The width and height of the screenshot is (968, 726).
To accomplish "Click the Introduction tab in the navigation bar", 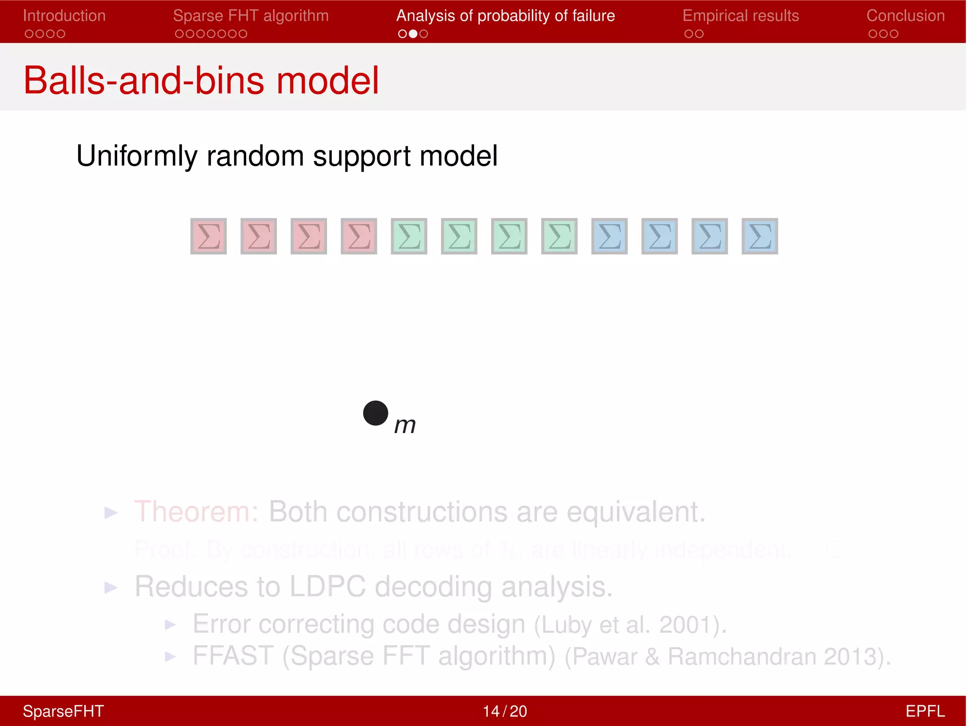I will coord(64,16).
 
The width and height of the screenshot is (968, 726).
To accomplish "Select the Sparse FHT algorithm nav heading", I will coord(251,16).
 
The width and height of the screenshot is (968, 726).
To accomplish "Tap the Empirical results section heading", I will coord(740,16).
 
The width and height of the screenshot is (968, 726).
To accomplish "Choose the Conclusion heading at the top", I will coord(905,16).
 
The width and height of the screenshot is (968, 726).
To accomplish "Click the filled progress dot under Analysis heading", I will coord(413,34).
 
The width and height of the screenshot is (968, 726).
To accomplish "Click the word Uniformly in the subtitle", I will coord(137,156).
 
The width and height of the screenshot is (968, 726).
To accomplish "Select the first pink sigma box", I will coord(208,236).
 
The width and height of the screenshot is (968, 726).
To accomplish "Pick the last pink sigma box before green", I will coord(359,236).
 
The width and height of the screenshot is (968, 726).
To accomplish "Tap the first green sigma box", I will coord(409,236).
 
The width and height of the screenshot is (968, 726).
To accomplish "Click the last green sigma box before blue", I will coord(559,236).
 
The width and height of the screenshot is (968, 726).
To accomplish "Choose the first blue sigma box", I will coord(609,236).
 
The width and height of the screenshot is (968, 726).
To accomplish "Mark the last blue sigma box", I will coord(760,236).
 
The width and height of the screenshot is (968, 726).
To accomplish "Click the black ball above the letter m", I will coord(376,413).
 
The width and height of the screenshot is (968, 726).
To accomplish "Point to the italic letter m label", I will coord(405,425).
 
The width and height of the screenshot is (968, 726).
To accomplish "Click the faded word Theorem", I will coord(196,512).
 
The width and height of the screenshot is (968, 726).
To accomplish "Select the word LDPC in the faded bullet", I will coord(327,587).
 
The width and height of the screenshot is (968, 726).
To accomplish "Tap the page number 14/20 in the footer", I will coord(504,711).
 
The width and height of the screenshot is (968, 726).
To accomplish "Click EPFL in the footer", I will coord(925,711).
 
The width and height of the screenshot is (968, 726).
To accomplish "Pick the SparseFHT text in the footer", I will coord(63,711).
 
